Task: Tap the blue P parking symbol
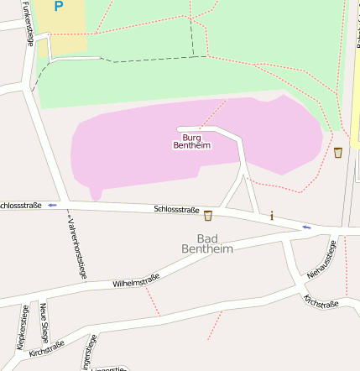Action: coord(58,7)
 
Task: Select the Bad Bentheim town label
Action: coord(206,244)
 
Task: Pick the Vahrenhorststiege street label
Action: coord(76,244)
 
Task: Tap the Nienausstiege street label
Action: coord(321,259)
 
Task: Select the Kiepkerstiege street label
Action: coord(22,327)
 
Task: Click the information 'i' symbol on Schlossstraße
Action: coord(272,217)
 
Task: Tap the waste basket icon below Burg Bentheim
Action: coord(207,216)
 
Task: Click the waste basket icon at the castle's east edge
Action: coord(338,152)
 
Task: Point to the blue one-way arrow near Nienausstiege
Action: coord(306,227)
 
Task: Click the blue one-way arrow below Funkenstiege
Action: coord(52,205)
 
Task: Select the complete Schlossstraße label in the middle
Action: coord(176,210)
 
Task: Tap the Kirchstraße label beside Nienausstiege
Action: coord(321,301)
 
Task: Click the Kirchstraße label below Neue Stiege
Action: coord(46,348)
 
